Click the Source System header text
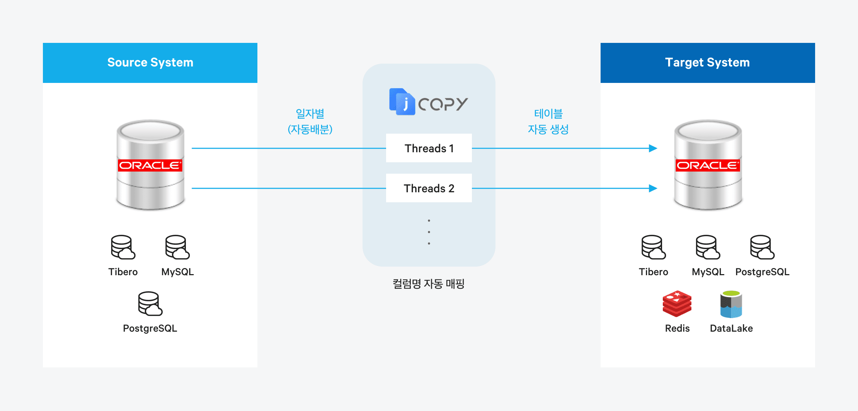coord(150,63)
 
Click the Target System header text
coord(707,63)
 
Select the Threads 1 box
coord(429,148)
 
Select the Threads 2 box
coord(429,188)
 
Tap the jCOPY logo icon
coord(402,102)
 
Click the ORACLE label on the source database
coord(150,165)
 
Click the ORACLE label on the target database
coord(708,165)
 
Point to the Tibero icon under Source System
coord(123,247)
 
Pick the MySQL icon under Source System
coord(177,247)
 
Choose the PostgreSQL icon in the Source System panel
coord(150,303)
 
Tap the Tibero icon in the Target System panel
coord(653,247)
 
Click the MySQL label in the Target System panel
coord(708,272)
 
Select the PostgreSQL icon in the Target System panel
coord(762,247)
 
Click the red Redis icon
coord(677,304)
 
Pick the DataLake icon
coord(731,304)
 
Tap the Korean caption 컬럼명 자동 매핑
coord(429,284)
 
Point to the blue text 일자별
coord(310,114)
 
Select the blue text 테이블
coord(548,114)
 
